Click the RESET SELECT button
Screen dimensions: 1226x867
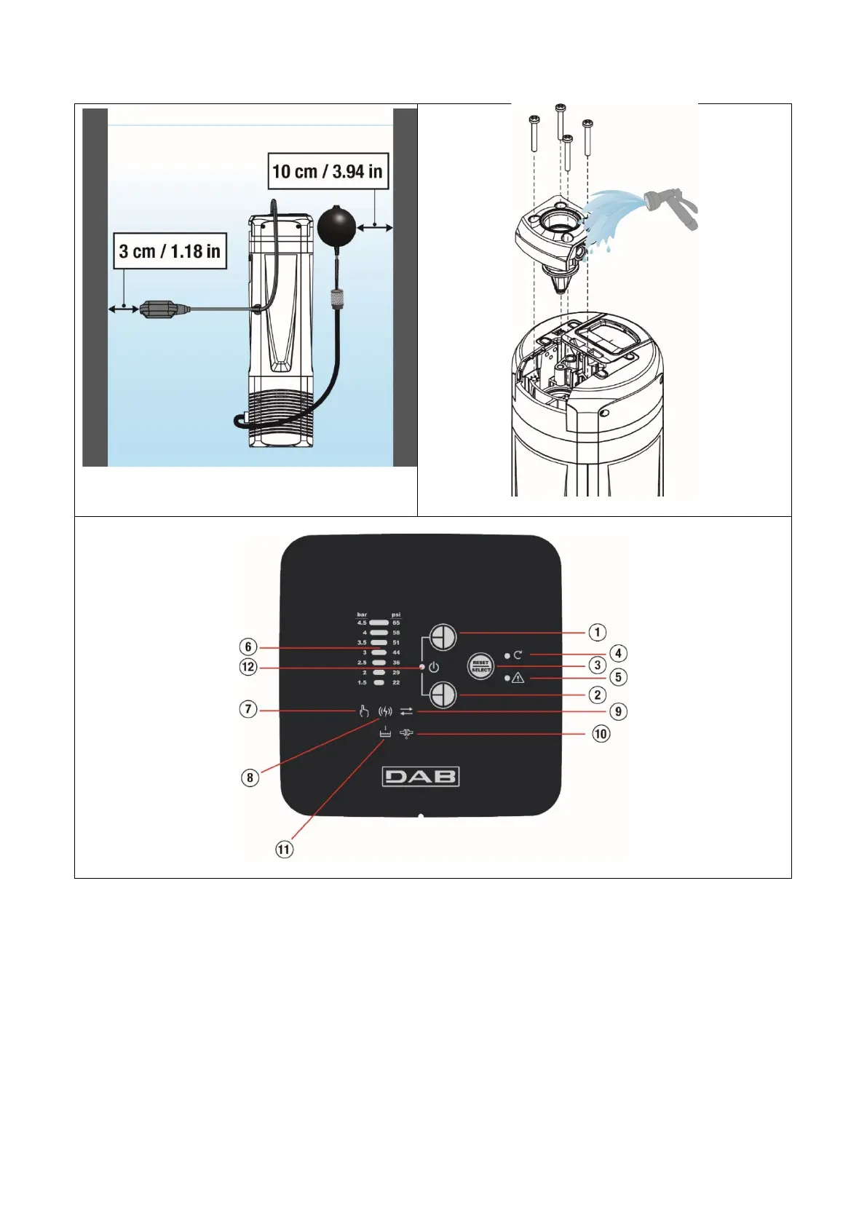point(480,666)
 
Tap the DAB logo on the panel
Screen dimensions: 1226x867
point(421,777)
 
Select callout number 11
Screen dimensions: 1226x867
point(284,849)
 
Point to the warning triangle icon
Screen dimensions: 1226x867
point(518,678)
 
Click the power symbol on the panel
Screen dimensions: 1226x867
point(434,667)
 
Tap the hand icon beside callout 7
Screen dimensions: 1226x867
point(363,711)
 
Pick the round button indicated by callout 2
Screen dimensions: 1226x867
point(443,695)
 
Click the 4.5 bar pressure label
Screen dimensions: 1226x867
point(362,623)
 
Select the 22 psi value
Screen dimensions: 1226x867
point(396,683)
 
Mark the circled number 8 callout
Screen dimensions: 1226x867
point(250,778)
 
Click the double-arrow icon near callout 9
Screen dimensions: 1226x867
point(406,711)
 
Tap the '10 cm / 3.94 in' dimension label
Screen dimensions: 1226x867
point(327,172)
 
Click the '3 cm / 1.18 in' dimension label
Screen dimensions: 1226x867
point(170,251)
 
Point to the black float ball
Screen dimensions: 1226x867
point(336,226)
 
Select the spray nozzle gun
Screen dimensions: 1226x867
point(671,205)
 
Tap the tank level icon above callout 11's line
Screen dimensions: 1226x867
point(385,733)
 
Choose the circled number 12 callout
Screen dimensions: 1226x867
point(248,667)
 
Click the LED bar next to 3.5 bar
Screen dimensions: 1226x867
point(379,643)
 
